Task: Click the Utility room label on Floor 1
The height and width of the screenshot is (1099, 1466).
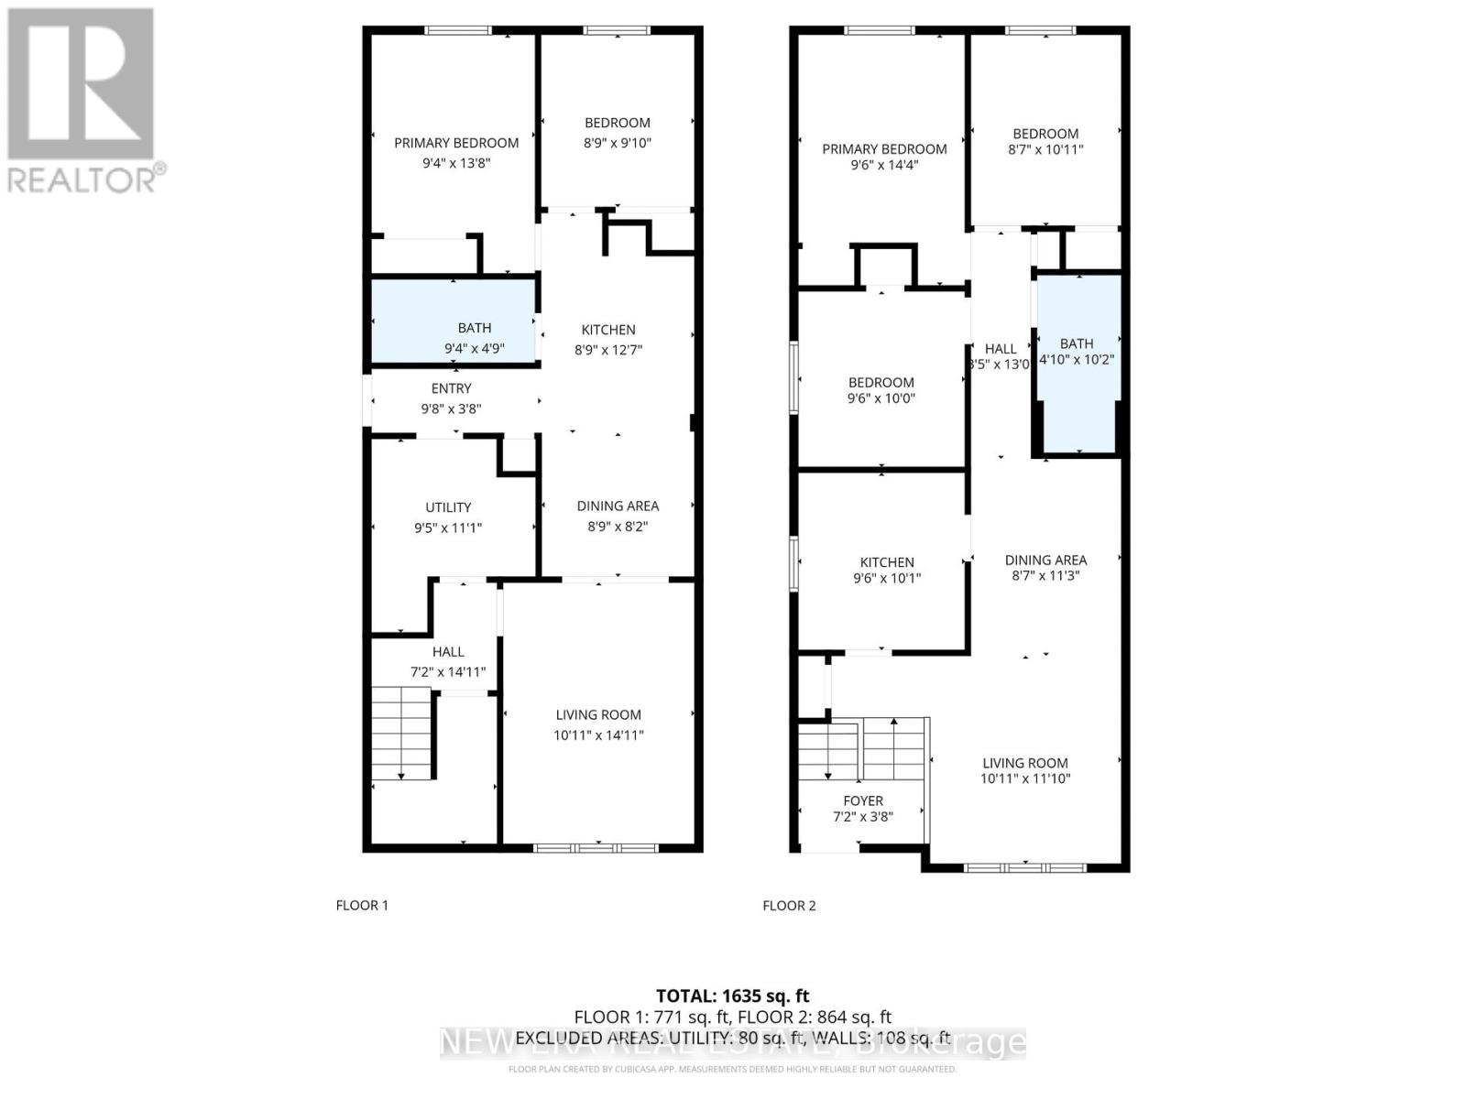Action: pyautogui.click(x=448, y=507)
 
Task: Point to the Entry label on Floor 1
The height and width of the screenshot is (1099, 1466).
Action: pyautogui.click(x=451, y=388)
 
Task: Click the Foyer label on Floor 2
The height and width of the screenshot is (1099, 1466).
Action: pyautogui.click(x=863, y=800)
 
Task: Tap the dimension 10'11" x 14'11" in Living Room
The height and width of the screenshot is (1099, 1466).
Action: pyautogui.click(x=598, y=734)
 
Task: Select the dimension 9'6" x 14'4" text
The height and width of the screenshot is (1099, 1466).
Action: pyautogui.click(x=884, y=165)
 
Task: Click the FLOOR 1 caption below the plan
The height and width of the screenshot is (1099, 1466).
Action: pyautogui.click(x=362, y=905)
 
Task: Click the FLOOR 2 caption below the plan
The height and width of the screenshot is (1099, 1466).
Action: pyautogui.click(x=789, y=905)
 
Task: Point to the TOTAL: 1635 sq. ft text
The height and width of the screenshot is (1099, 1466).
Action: pyautogui.click(x=732, y=996)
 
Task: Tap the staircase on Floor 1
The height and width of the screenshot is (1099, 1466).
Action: pyautogui.click(x=400, y=733)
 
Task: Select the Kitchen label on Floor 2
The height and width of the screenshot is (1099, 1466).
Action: pyautogui.click(x=886, y=562)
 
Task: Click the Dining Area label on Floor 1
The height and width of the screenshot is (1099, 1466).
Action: pyautogui.click(x=618, y=506)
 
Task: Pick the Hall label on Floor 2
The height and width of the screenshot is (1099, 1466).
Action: pyautogui.click(x=1001, y=348)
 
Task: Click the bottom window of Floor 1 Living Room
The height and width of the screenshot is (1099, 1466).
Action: pyautogui.click(x=596, y=847)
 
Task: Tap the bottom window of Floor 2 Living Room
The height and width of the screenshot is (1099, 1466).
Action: pyautogui.click(x=1025, y=867)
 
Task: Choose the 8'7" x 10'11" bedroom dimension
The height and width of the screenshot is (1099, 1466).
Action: pyautogui.click(x=1045, y=148)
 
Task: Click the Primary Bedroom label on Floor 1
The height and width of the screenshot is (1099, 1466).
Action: pyautogui.click(x=456, y=143)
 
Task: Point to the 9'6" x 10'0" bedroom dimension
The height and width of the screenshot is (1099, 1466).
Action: pyautogui.click(x=881, y=398)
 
